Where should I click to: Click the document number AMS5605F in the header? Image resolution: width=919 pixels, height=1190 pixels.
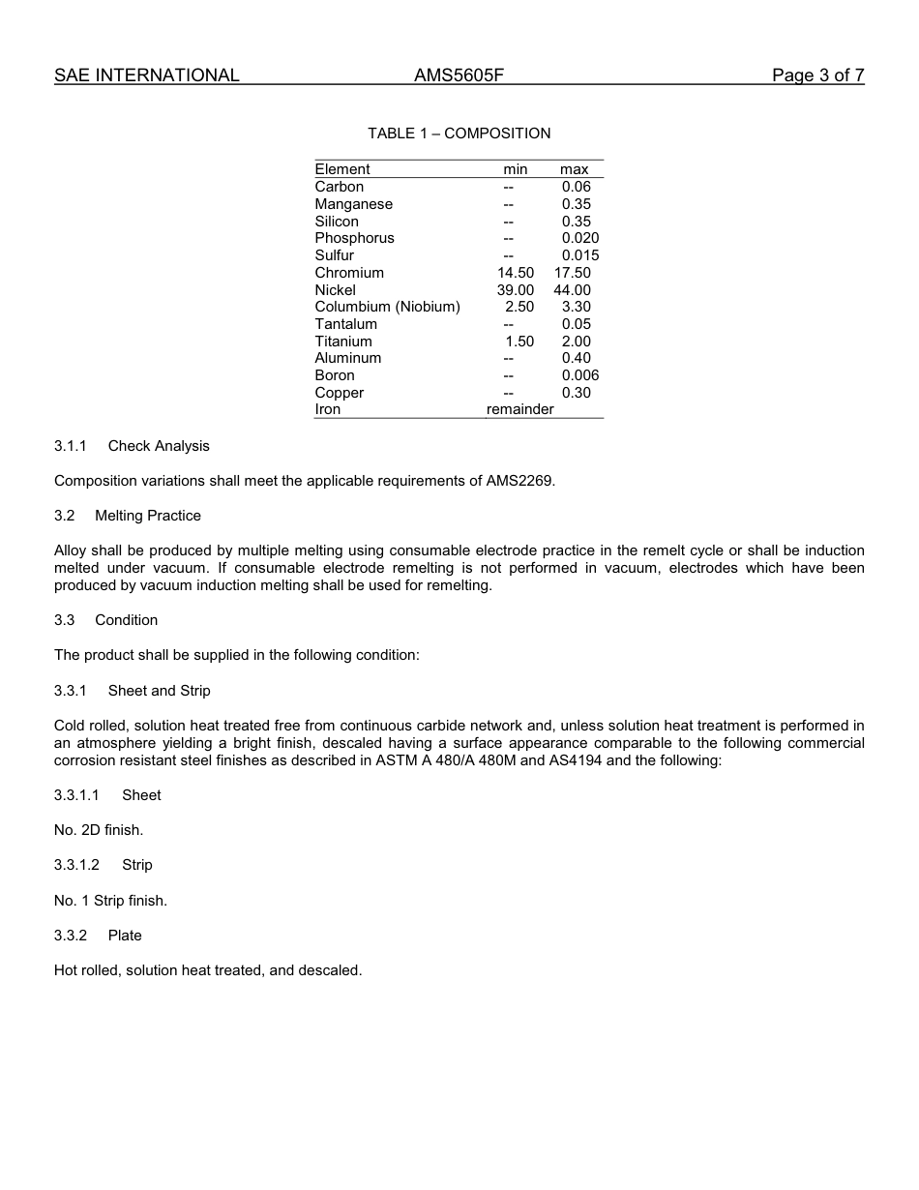tap(459, 75)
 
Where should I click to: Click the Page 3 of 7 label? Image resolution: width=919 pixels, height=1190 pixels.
tap(817, 75)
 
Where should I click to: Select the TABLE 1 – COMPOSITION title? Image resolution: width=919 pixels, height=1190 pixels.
tap(459, 134)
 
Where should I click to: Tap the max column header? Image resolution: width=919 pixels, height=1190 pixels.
tap(574, 169)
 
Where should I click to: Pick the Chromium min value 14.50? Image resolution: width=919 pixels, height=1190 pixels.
tap(515, 273)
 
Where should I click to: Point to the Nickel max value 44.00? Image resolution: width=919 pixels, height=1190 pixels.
tap(572, 290)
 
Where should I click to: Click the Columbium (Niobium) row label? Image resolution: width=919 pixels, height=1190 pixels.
tap(387, 307)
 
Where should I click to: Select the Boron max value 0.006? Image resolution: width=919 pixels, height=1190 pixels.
tap(579, 375)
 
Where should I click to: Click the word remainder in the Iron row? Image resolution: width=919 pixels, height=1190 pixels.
tap(519, 409)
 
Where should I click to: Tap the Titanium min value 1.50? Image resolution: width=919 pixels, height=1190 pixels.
tap(519, 342)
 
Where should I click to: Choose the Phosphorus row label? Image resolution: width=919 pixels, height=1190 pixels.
tap(354, 238)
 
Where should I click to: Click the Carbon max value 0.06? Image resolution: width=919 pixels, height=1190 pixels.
tap(576, 187)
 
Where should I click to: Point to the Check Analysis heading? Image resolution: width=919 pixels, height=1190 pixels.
tap(159, 446)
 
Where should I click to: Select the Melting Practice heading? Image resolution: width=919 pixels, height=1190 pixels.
tap(148, 516)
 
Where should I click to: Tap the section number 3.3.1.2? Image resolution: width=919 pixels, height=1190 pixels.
tap(76, 865)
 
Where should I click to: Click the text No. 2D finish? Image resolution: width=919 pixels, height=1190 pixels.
tap(99, 830)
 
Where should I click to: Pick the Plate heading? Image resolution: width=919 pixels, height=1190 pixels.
tap(125, 936)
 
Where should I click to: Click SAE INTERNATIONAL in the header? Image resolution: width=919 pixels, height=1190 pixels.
tap(146, 75)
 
